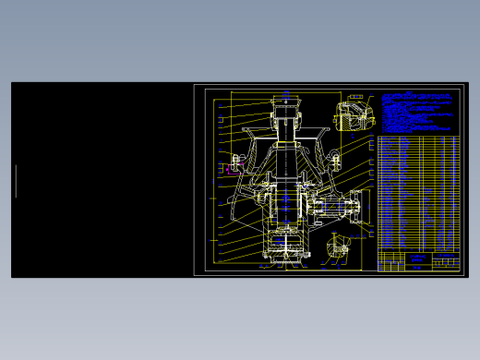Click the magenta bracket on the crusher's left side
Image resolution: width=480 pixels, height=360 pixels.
[x=231, y=169]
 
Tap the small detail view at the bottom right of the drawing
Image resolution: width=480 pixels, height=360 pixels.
[x=338, y=246]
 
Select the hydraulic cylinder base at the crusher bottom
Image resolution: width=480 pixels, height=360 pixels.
[x=286, y=247]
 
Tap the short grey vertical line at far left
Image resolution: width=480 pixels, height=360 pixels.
[x=16, y=181]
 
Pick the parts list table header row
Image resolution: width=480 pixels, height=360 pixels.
[x=418, y=138]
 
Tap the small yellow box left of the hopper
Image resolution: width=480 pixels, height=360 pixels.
[x=221, y=120]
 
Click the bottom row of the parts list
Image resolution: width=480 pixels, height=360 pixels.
[x=418, y=248]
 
